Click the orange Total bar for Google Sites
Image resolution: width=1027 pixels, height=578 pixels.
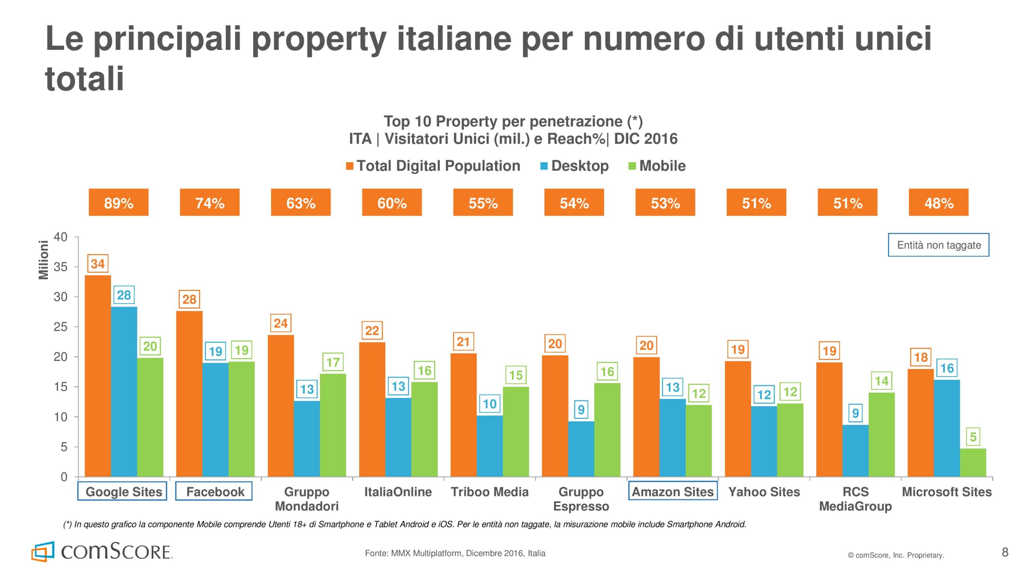98,376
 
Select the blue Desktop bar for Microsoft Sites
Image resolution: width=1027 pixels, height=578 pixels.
946,428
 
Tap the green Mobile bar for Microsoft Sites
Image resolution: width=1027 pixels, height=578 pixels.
972,462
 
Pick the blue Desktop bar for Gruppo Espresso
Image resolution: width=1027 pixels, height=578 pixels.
581,449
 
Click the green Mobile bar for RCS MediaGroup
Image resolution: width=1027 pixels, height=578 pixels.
881,434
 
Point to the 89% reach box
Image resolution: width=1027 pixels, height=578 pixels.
118,203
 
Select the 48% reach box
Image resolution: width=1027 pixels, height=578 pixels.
938,203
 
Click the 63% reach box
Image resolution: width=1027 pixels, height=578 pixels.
300,203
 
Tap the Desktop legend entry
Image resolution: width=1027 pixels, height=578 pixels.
574,166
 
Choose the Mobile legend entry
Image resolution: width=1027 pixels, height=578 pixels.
657,166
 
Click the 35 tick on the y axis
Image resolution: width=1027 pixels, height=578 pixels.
61,267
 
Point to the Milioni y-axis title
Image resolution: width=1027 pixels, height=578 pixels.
43,259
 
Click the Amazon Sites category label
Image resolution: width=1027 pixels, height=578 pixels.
673,491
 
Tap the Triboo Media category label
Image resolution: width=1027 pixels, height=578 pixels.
489,491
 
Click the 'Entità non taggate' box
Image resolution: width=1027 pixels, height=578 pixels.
938,245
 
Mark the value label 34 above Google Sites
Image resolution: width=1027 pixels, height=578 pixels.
97,264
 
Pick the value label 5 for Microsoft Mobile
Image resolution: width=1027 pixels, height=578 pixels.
973,437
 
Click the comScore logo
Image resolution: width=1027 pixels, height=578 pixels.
102,551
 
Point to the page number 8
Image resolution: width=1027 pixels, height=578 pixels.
1005,552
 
